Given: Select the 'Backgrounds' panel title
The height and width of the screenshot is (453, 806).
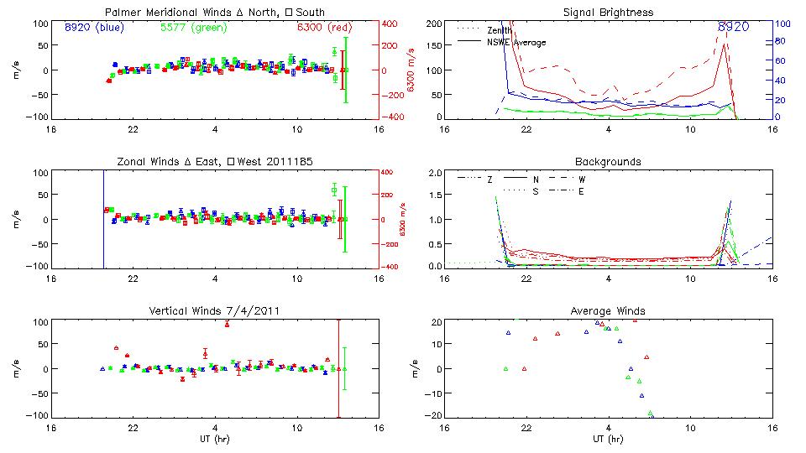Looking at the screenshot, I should click(x=609, y=161).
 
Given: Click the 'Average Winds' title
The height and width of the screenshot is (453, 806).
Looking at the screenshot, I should click(x=609, y=310).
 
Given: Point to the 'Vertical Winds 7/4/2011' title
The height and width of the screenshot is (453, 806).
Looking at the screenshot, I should click(x=215, y=310).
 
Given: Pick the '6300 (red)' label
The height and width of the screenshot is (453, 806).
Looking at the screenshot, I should click(x=326, y=27).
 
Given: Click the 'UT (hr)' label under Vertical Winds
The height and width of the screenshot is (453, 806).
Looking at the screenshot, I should click(x=215, y=439).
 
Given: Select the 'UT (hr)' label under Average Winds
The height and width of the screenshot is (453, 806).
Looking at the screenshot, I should click(x=609, y=439).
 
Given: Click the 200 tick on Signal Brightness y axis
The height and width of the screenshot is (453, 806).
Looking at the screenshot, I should click(x=433, y=23).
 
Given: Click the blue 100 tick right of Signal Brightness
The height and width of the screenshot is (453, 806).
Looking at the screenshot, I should click(x=780, y=23).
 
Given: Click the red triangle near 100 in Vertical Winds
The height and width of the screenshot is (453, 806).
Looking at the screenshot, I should click(x=227, y=324).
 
